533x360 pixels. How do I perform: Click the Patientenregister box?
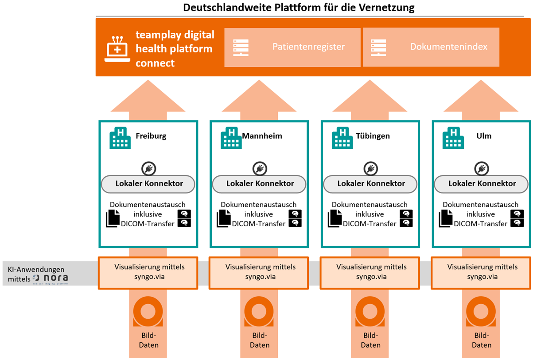point(292,47)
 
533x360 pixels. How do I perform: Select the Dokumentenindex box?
point(431,47)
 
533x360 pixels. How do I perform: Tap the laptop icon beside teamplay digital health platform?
point(117,49)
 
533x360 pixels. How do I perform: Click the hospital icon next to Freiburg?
point(120,137)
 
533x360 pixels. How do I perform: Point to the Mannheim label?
point(262,136)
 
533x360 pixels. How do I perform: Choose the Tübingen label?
point(373,136)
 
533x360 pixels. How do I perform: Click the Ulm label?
point(484,136)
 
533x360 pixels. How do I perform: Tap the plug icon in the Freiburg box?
point(148,169)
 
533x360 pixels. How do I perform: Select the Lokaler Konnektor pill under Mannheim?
point(259,184)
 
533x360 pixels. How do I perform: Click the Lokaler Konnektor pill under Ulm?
point(481,184)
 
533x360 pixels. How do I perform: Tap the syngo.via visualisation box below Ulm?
point(482,271)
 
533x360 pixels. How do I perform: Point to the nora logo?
point(50,279)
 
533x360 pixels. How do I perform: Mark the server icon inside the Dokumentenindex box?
point(379,47)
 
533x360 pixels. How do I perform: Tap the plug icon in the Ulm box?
point(481,169)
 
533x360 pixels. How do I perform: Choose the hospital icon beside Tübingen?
point(342,137)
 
